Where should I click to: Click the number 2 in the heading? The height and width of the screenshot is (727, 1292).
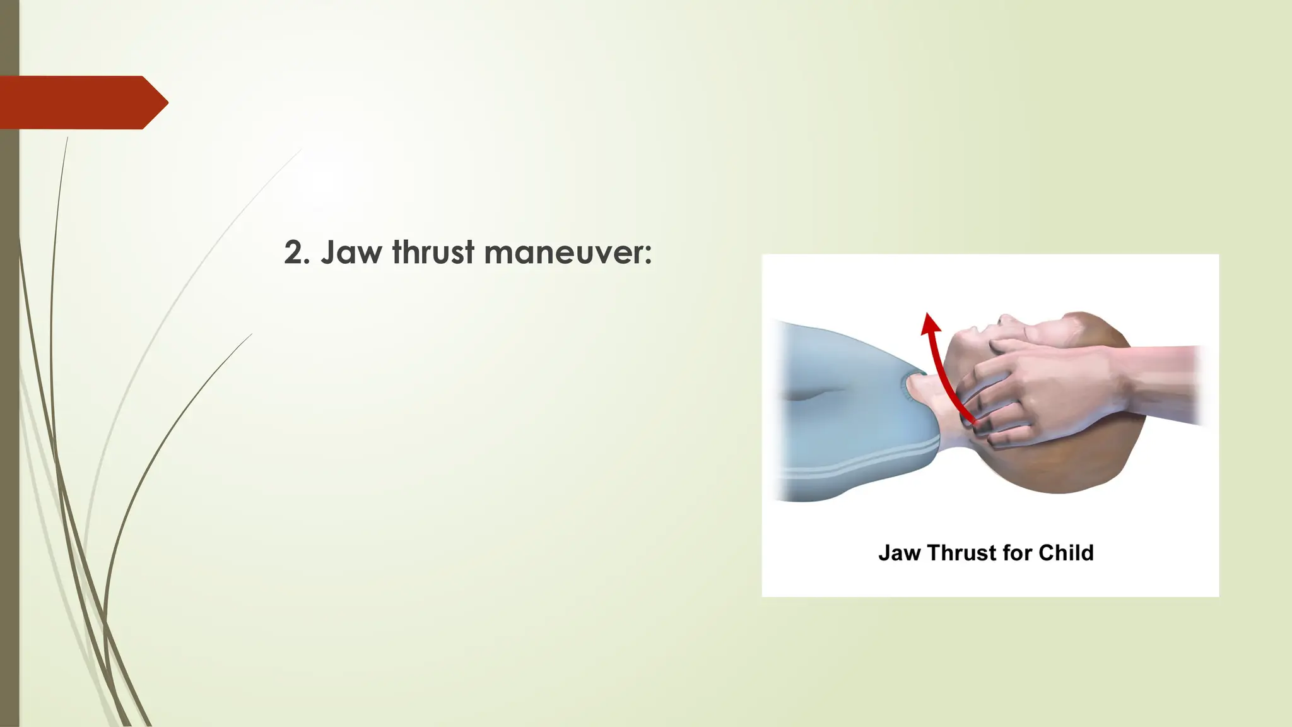coord(294,252)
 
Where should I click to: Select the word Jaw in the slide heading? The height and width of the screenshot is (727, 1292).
coord(351,252)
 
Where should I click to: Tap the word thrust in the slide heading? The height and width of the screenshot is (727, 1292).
coord(433,252)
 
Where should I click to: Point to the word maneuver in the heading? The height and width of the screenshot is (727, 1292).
coord(563,252)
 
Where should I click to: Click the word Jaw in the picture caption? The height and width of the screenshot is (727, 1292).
coord(899,553)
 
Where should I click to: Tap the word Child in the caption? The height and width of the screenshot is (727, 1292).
coord(1066,553)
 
